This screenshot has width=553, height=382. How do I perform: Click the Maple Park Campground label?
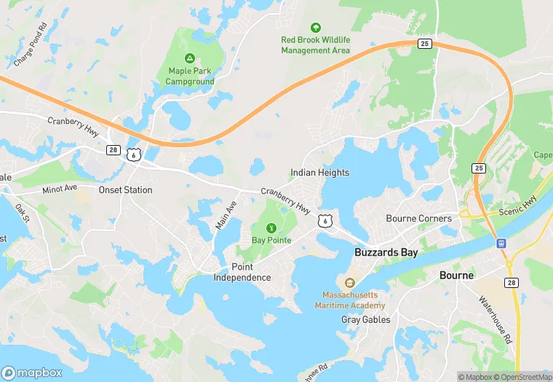190,76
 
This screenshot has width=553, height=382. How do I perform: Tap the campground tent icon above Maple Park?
189,58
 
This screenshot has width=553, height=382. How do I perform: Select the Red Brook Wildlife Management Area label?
316,45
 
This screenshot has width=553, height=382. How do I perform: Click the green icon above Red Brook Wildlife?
315,27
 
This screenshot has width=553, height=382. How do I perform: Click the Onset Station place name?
125,190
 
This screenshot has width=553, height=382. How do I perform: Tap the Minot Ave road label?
60,189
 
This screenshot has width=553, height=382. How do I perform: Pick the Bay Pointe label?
271,241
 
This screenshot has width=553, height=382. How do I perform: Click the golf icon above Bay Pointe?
271,227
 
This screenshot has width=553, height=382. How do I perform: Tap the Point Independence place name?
242,272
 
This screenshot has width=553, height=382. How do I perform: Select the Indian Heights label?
319,173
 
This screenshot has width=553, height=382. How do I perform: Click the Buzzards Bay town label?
386,252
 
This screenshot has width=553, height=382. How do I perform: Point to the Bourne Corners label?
418,219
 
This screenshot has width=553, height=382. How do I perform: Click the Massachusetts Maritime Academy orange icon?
349,283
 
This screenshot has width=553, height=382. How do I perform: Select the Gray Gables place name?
365,320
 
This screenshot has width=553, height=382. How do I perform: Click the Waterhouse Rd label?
496,311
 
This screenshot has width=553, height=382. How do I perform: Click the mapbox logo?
32,372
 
